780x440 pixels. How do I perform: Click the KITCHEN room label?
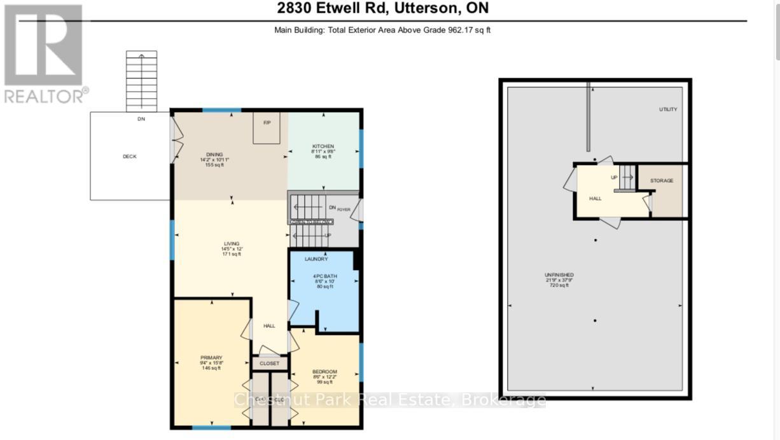coord(323,146)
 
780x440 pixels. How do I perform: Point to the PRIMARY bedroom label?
coord(211,358)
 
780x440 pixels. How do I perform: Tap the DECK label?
coord(130,157)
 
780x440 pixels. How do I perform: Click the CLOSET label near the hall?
coord(269,364)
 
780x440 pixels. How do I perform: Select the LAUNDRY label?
coord(316,259)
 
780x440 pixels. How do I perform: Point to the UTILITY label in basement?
coord(668,110)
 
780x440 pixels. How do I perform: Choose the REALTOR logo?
coord(44,54)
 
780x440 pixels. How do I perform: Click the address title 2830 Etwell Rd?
coord(382,9)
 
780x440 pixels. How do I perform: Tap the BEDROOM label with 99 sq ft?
coord(324,372)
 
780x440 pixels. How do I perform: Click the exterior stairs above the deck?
coord(141,82)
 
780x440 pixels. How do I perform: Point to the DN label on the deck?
coord(141,119)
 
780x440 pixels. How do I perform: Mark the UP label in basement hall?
coord(614,178)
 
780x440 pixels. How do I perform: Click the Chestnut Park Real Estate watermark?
coord(390,400)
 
